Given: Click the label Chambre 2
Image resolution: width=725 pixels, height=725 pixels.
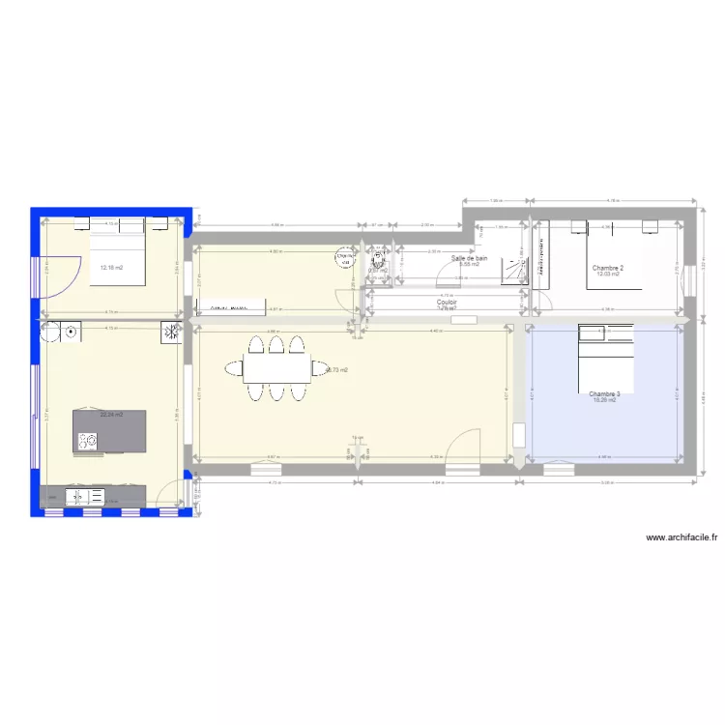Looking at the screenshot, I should [x=608, y=267].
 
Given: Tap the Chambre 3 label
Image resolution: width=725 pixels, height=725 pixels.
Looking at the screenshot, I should [x=604, y=393].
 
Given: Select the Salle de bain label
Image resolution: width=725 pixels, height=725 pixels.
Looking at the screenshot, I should [x=470, y=259].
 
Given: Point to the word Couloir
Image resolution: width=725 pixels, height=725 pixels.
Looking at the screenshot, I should [x=447, y=302].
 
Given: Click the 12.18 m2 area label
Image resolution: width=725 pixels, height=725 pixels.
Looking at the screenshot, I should [x=111, y=268].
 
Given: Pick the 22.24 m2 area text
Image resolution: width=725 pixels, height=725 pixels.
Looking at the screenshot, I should [x=111, y=415].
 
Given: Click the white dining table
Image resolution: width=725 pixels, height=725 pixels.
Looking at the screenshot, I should [x=275, y=367].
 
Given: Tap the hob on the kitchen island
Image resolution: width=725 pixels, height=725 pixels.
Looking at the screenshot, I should [x=88, y=441].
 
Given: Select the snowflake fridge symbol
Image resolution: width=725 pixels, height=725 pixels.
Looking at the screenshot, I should [x=170, y=333].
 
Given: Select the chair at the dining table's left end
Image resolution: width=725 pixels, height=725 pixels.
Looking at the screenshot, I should [x=235, y=367].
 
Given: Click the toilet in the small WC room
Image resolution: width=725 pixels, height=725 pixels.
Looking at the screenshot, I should [x=378, y=260].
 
